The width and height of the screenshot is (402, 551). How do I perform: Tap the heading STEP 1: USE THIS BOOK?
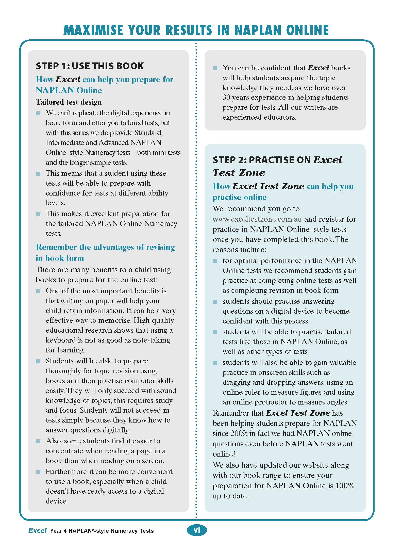click(x=90, y=66)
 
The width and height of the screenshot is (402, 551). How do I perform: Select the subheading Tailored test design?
click(x=69, y=102)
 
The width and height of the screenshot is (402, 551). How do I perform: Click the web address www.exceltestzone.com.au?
click(x=257, y=219)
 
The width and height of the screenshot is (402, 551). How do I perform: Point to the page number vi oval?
click(x=197, y=530)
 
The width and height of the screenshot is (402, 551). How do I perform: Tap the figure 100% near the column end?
click(x=345, y=486)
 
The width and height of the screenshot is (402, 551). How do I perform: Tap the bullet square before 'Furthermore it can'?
click(x=38, y=472)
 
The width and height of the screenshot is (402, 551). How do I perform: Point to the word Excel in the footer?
click(x=38, y=531)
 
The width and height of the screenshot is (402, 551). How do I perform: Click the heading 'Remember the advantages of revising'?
click(x=105, y=247)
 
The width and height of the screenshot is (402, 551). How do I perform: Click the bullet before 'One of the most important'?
click(x=38, y=291)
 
